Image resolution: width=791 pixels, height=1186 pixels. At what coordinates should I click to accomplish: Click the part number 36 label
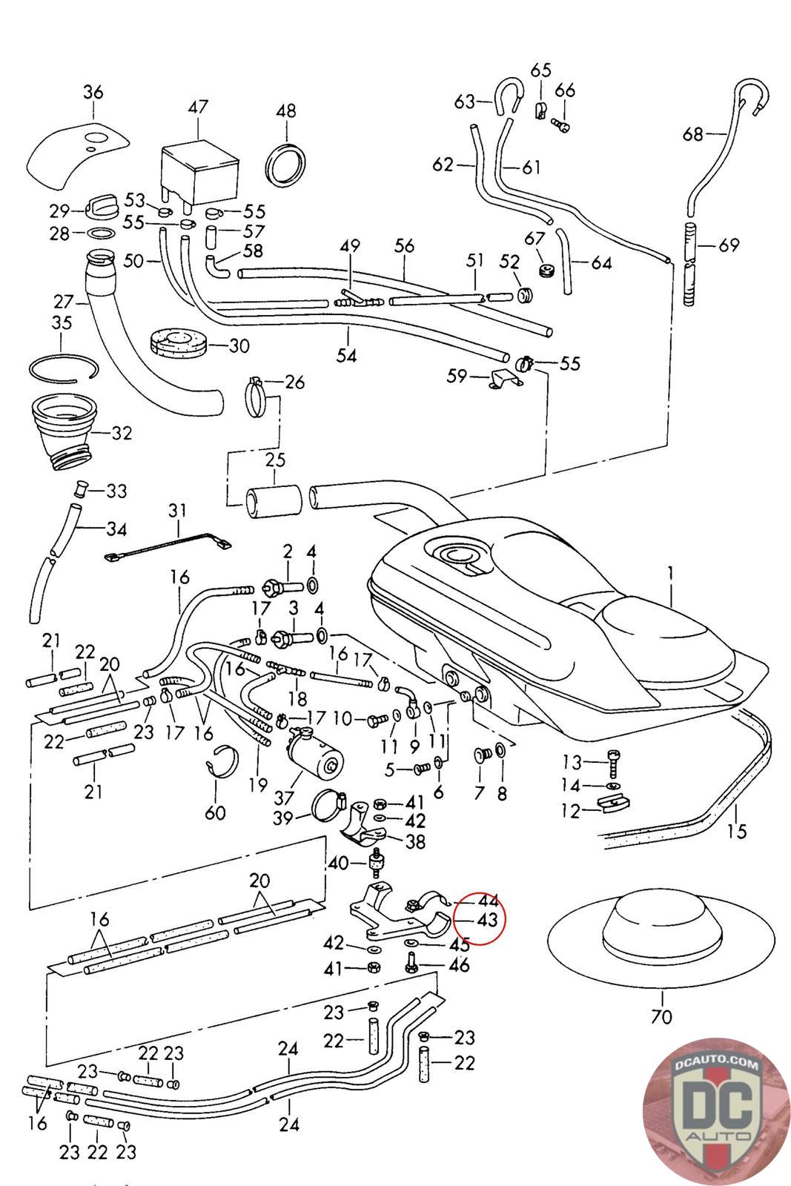tap(93, 93)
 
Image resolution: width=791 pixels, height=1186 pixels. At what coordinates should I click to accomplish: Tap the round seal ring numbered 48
tap(285, 163)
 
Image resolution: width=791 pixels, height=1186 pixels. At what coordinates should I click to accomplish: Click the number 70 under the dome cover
tap(661, 1016)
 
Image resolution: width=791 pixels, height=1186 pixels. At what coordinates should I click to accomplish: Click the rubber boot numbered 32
tap(65, 433)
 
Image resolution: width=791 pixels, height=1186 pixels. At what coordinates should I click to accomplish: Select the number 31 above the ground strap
tap(178, 511)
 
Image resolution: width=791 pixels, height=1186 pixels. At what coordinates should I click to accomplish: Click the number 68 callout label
tap(693, 134)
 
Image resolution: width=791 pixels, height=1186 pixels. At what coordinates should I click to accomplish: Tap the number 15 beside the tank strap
tap(737, 831)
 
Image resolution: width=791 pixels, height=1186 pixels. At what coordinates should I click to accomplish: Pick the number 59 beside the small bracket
tap(457, 377)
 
